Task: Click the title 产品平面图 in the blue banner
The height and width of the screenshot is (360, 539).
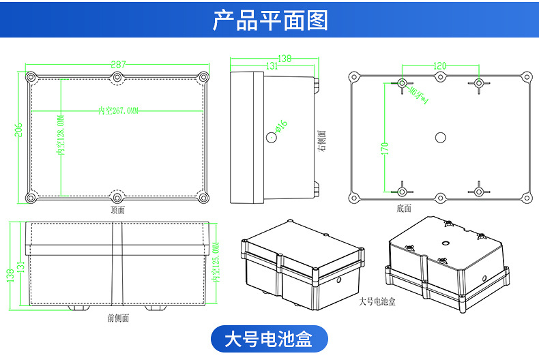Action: click(269, 20)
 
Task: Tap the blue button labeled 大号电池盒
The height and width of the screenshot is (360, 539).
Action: click(269, 338)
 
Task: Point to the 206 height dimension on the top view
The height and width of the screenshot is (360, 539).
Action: click(18, 130)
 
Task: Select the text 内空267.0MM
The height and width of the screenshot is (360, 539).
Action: click(118, 110)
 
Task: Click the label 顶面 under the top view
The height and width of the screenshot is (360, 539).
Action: click(118, 210)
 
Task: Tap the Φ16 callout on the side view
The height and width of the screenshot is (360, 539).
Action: click(281, 125)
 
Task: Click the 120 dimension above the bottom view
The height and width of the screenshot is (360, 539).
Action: click(440, 66)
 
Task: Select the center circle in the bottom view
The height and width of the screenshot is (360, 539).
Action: click(440, 138)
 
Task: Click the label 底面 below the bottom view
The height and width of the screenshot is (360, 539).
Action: click(404, 208)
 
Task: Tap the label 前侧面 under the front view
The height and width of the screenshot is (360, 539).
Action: click(118, 317)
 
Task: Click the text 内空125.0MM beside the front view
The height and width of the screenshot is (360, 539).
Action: click(216, 262)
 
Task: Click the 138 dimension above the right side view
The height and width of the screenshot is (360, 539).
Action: click(285, 59)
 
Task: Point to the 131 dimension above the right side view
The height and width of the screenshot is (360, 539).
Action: click(271, 66)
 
